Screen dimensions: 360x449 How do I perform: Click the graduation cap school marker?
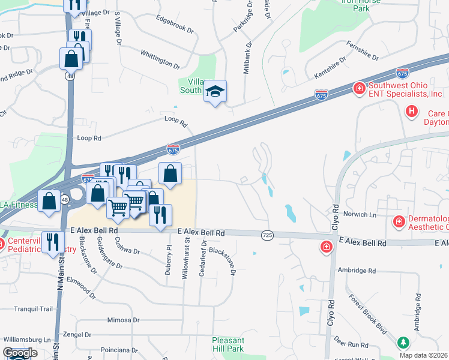(215, 92)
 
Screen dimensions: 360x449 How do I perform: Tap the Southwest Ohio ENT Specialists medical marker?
(359, 89)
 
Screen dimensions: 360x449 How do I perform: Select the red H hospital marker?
(411, 111)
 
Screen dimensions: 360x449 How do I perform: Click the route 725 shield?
(267, 236)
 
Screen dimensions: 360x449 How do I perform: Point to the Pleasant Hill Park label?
(228, 344)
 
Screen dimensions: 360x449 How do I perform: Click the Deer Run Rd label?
(351, 344)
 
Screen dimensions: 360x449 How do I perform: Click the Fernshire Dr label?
(363, 51)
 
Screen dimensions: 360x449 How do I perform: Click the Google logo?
(20, 353)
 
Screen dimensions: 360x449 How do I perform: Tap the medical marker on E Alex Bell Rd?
(326, 247)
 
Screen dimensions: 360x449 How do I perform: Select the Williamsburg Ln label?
(26, 340)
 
